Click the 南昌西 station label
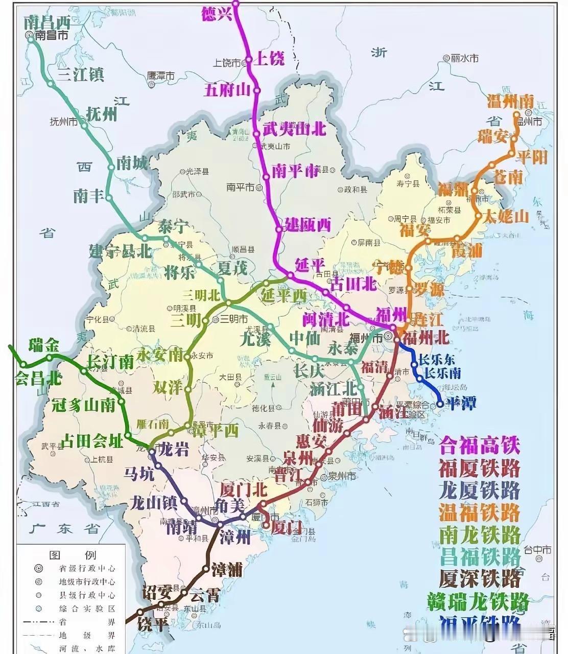[46, 22]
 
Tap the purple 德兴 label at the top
[217, 14]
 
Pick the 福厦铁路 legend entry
[479, 468]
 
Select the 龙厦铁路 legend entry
[479, 490]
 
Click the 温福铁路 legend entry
[479, 512]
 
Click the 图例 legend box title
[72, 555]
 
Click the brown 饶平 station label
[154, 624]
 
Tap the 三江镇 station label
[81, 75]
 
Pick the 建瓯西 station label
[308, 225]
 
